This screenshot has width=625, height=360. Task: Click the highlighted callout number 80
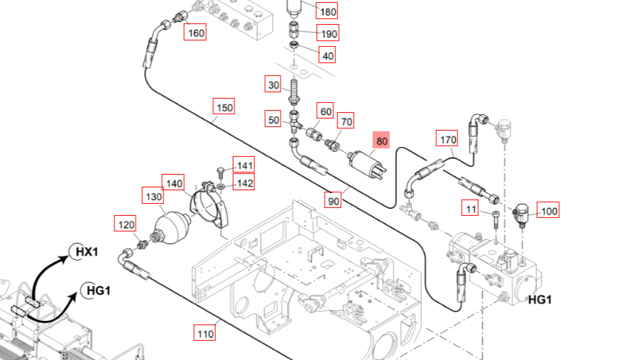tap(382, 141)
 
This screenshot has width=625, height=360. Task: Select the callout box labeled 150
tap(224, 108)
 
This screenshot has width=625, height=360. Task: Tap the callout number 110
tap(205, 333)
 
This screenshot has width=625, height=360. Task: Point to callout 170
tap(447, 139)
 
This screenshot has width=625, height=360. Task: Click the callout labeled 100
tap(549, 210)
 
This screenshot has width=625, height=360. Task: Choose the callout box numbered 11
tap(470, 208)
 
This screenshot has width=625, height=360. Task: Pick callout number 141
tap(244, 166)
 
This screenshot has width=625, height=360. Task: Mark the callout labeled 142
tap(244, 183)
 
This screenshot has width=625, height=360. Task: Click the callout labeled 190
tap(329, 34)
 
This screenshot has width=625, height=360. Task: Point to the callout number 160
tap(195, 33)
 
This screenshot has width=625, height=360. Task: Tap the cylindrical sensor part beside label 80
tap(366, 165)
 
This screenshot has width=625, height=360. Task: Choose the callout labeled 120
tap(126, 225)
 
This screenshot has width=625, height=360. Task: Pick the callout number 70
tap(345, 121)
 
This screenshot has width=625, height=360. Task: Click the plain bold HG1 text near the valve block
tap(540, 300)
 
